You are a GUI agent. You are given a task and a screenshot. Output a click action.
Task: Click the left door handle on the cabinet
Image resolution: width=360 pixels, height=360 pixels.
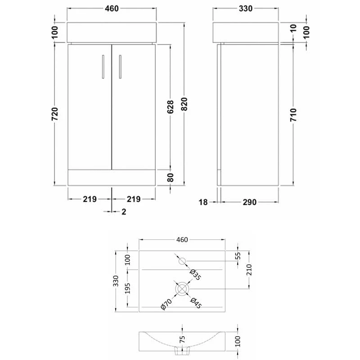pos(103,67)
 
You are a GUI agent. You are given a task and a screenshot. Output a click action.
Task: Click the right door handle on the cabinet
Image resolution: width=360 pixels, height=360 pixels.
pos(120,67)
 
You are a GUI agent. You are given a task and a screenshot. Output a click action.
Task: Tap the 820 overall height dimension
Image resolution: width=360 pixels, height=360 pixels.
pos(184,104)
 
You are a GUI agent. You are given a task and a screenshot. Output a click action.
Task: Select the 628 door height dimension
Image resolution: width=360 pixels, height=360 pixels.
pos(170,107)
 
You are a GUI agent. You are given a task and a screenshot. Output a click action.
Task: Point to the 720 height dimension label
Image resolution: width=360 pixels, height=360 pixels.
pos(54,114)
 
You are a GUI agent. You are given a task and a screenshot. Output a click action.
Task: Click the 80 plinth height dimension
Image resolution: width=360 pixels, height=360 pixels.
pos(171,177)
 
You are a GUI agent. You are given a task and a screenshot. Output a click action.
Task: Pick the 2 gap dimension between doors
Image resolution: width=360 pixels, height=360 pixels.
pos(124,211)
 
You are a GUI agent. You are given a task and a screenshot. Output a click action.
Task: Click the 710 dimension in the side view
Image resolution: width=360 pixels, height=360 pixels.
pos(293,115)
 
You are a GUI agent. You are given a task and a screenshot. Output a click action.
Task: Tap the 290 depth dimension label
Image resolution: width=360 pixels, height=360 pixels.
pos(250,202)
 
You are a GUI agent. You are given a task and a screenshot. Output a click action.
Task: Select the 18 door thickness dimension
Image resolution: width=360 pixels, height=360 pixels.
pos(203,202)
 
